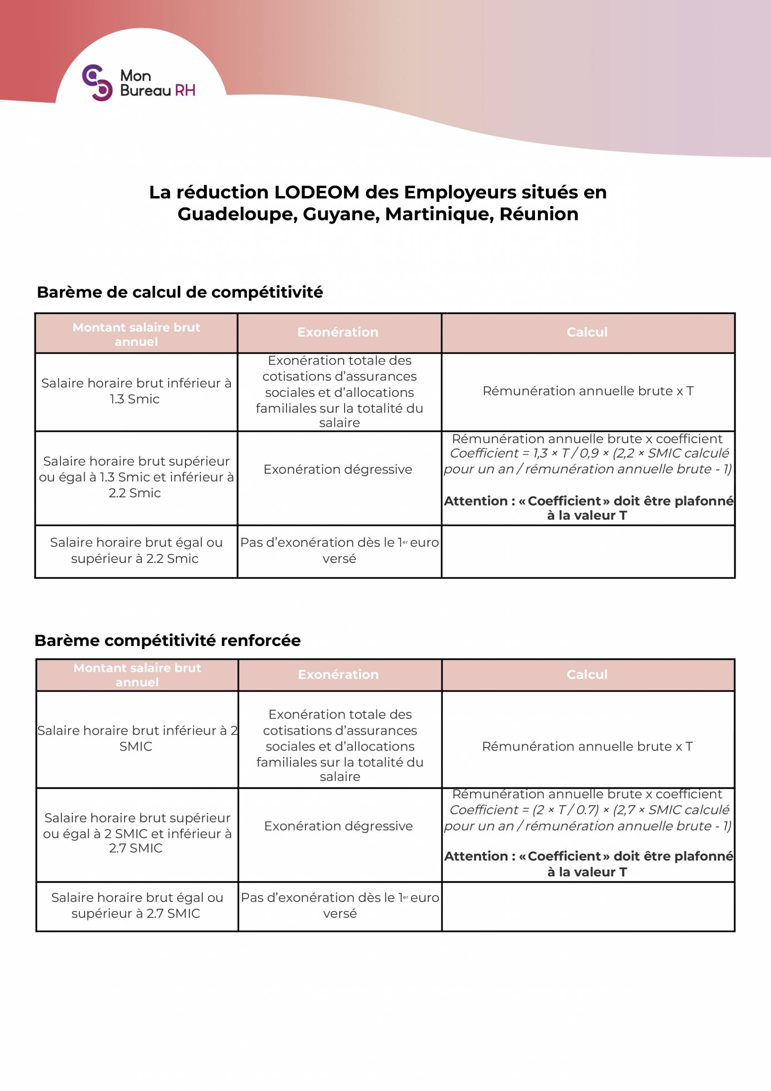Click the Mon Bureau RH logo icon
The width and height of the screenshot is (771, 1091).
coord(97,83)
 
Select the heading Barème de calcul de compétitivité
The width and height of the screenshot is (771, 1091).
coord(180,292)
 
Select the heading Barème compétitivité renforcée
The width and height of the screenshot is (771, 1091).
coord(167,641)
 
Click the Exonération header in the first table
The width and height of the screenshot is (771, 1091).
coord(338,332)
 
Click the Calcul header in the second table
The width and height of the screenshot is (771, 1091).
coord(587,674)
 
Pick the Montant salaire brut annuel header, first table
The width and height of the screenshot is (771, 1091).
coord(136,334)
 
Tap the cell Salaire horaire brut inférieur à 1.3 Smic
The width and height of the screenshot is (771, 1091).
coord(136,391)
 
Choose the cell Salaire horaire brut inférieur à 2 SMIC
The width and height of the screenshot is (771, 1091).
coord(137,738)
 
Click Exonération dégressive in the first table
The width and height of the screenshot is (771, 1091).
coord(338,470)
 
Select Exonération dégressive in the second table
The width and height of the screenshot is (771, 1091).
coord(338,826)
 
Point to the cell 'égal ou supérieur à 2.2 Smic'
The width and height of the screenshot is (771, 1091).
coord(136,550)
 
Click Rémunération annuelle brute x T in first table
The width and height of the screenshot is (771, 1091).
coord(588,391)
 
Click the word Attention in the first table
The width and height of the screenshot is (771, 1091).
coord(476,501)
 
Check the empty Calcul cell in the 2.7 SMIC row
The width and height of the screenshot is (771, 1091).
coord(588,906)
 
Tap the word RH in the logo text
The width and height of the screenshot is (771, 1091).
coord(185,90)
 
